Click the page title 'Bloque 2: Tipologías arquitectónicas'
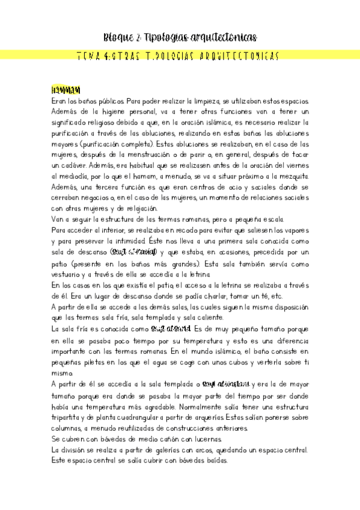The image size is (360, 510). pos(180,37)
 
